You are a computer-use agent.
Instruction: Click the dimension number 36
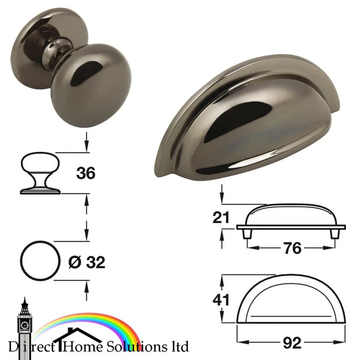tap(85, 173)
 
